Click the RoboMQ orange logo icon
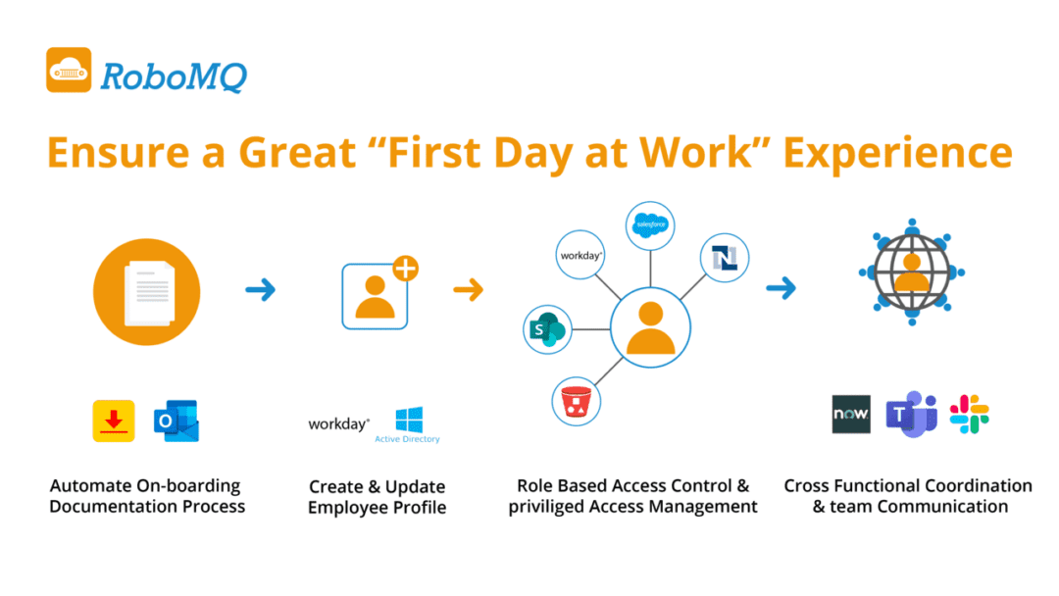69,71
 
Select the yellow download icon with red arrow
114,421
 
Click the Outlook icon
176,421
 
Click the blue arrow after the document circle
261,289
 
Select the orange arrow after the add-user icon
469,289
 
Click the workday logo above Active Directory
339,424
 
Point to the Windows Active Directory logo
408,424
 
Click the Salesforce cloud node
650,225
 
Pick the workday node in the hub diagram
580,256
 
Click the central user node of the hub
650,328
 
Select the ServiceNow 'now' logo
850,415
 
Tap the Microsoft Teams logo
910,415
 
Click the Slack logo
969,415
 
